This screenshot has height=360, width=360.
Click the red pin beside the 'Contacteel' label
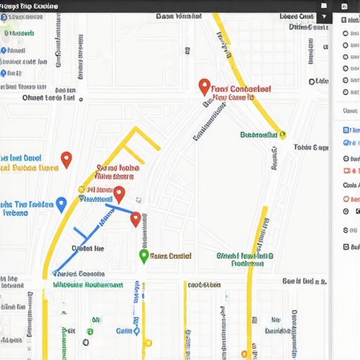pos(204,87)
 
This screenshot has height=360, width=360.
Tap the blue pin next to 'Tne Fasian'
pos(61,205)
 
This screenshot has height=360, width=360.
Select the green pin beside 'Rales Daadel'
pos(143,256)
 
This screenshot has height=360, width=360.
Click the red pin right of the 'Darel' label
pos(66,160)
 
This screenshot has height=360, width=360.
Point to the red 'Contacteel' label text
pos(240,89)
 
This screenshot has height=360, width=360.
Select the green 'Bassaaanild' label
pos(258,134)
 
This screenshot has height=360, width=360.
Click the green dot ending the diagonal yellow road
pos(282,133)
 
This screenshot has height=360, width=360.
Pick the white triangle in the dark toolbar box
pos(324,16)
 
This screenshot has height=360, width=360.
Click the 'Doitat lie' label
pos(87,248)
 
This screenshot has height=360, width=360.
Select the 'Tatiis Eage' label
pos(311,148)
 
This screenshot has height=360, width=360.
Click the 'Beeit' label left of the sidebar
pos(304,281)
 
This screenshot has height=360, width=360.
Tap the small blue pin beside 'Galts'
pos(136,330)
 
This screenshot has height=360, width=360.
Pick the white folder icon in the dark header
pos(323,6)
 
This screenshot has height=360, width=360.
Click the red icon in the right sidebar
pos(346,171)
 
